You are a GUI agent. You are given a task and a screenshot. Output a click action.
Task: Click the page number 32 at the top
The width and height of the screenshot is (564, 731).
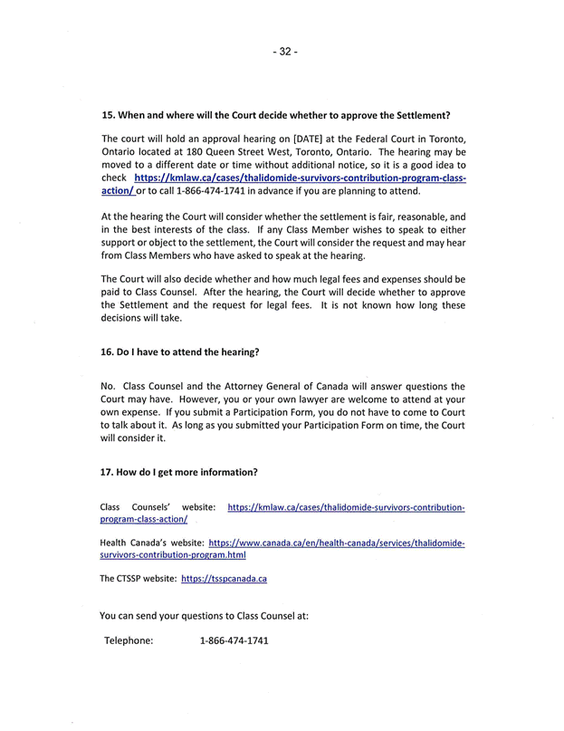point(282,52)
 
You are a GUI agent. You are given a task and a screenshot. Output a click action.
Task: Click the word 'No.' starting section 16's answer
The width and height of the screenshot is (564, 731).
point(109,385)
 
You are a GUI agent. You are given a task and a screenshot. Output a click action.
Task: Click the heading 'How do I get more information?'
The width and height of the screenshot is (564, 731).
point(179,472)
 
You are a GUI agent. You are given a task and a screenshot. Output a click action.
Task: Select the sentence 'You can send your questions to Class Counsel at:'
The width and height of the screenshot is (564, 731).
point(204,616)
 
